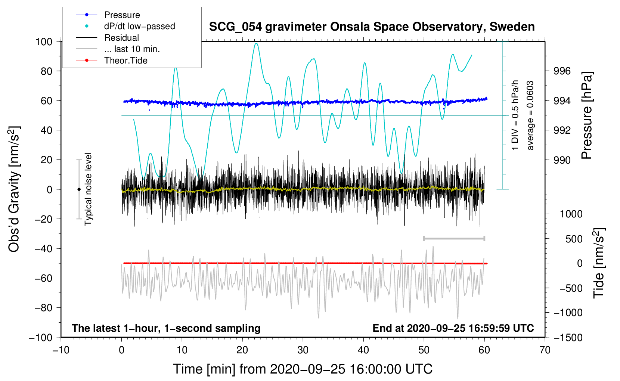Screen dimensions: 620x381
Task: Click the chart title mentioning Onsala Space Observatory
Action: (x=372, y=27)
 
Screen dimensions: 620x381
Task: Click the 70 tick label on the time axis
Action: (x=545, y=350)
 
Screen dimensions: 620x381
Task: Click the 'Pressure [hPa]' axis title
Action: (x=587, y=115)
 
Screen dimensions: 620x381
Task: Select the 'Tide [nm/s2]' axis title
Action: (x=598, y=263)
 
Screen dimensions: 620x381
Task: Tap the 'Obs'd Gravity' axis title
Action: (x=14, y=189)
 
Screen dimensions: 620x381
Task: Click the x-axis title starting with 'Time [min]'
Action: (x=303, y=369)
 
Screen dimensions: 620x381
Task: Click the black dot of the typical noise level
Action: (x=79, y=189)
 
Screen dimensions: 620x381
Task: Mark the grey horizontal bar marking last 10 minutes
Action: (x=454, y=238)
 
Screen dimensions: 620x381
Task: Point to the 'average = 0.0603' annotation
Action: (x=530, y=116)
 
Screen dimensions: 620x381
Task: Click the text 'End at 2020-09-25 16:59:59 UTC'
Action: (x=453, y=328)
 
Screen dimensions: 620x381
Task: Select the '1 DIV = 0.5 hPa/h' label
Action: (x=515, y=115)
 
